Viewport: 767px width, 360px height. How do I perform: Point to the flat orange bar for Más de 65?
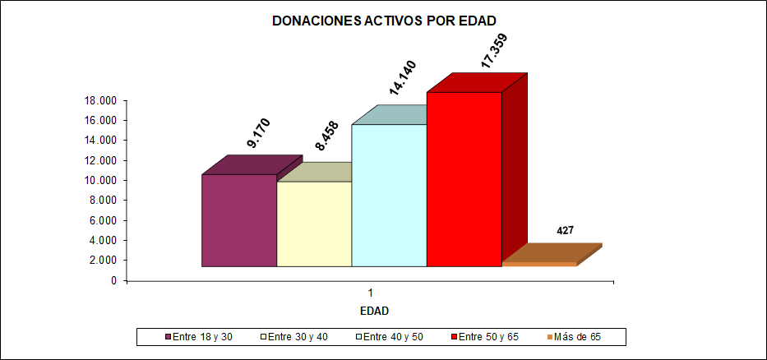tap(539, 264)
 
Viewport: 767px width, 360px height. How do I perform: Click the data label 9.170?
tap(259, 132)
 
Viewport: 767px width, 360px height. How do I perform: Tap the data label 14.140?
tap(403, 79)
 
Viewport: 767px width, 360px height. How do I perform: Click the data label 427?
tap(565, 231)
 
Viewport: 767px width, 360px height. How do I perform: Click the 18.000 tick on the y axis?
tap(101, 100)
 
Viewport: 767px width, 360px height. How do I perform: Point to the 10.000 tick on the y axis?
tap(101, 180)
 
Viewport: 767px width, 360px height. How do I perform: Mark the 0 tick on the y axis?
tap(113, 280)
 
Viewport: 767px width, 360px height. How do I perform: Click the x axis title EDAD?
tap(374, 312)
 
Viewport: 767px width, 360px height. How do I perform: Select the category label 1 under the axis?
tap(372, 293)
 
